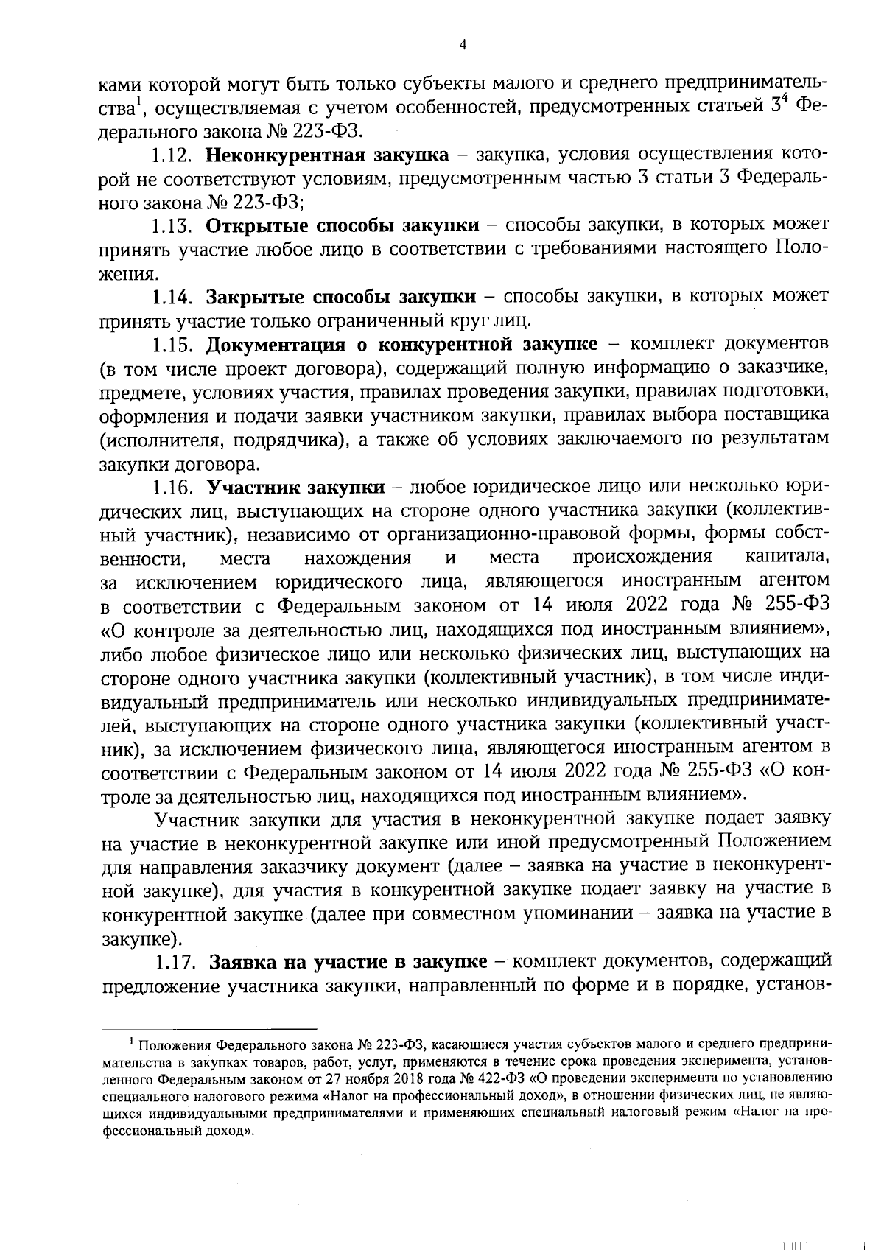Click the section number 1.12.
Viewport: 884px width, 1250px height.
pyautogui.click(x=172, y=155)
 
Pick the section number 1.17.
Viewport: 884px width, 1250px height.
pyautogui.click(x=177, y=963)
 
